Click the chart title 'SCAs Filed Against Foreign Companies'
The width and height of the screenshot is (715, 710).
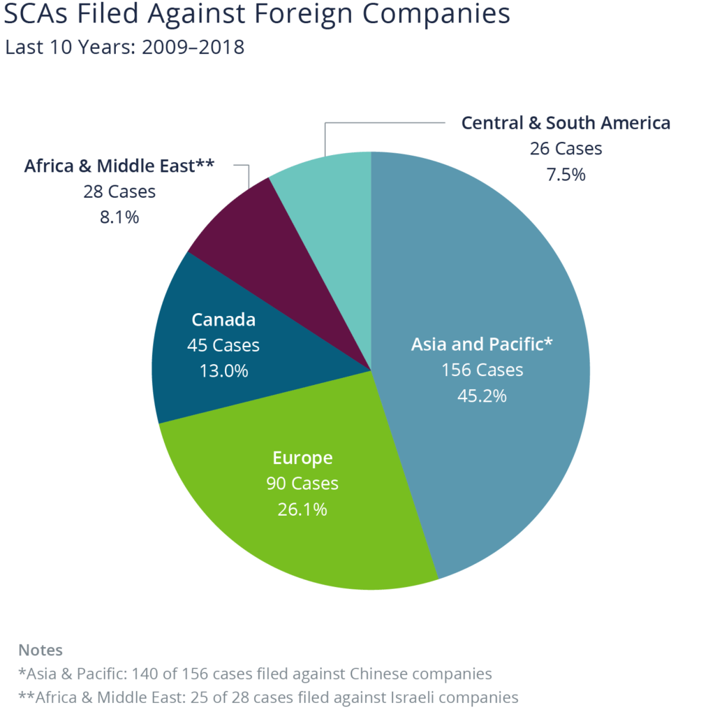pyautogui.click(x=257, y=15)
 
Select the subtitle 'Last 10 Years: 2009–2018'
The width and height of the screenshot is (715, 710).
pyautogui.click(x=124, y=48)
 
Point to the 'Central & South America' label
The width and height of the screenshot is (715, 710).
pyautogui.click(x=566, y=123)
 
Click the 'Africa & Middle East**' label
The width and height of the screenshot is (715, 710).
pyautogui.click(x=119, y=166)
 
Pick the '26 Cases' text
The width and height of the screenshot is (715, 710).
pyautogui.click(x=566, y=149)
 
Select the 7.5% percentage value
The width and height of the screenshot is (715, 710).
pyautogui.click(x=566, y=174)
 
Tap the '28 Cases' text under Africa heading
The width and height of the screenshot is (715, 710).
pyautogui.click(x=119, y=191)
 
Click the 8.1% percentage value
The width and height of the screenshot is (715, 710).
pyautogui.click(x=119, y=217)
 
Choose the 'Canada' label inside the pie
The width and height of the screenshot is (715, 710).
pyautogui.click(x=223, y=320)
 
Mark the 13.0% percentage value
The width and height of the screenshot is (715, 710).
pyautogui.click(x=223, y=370)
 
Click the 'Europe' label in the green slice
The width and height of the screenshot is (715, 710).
pyautogui.click(x=302, y=458)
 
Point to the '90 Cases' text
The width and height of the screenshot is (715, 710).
pyautogui.click(x=302, y=484)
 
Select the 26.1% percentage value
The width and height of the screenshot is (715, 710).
pyautogui.click(x=302, y=509)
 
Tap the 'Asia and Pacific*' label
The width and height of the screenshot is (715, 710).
pyautogui.click(x=482, y=344)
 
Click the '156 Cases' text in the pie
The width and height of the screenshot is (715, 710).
pyautogui.click(x=482, y=370)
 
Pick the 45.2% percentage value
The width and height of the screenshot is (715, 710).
pyautogui.click(x=482, y=395)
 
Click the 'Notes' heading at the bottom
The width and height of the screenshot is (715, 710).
pyautogui.click(x=40, y=650)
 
